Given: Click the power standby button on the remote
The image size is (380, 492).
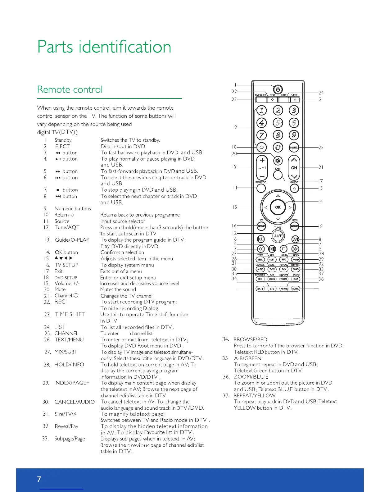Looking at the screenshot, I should point(278,89).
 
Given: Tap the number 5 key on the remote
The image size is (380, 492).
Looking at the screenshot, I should point(278,123).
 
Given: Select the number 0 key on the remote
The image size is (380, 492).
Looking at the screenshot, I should point(278,147).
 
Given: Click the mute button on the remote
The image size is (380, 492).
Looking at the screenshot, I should point(278,161).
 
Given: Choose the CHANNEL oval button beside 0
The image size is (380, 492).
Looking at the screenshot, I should point(294,148).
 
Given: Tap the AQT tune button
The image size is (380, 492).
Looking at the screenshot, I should point(278,236).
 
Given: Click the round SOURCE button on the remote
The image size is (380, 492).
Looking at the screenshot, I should point(261,188).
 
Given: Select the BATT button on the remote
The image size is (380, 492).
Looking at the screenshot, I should point(260,289).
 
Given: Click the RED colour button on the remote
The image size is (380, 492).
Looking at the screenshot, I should point(260,279).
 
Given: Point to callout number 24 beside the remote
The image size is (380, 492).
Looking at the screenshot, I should point(321,93).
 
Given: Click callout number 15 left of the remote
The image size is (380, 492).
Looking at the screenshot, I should point(234,207).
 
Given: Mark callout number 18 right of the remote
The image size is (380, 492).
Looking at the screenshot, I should point(320,226).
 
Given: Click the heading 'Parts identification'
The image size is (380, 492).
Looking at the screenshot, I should point(104,47).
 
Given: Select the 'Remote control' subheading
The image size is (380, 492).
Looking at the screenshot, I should point(70,89).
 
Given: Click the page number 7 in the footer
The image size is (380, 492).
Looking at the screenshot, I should point(39,479).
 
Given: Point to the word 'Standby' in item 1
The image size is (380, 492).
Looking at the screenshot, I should point(63,140).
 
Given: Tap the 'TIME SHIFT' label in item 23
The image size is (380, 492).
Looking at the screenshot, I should point(70,314).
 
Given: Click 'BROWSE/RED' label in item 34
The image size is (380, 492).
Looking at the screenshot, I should point(250,339).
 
